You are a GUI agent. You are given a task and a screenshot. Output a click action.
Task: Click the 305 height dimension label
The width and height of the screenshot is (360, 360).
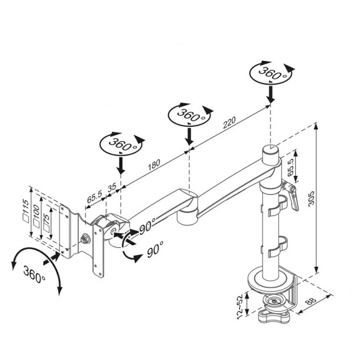(311, 198)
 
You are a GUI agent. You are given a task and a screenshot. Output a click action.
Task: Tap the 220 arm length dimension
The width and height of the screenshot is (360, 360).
(229, 122)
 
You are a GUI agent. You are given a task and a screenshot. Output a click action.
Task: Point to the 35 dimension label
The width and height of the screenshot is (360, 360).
(112, 187)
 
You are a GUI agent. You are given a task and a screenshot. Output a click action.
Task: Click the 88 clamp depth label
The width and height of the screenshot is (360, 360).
(312, 301)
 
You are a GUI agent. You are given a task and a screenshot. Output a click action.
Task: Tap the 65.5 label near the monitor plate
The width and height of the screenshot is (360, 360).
(95, 197)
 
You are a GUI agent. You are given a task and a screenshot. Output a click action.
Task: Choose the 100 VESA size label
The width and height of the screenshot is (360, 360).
(36, 212)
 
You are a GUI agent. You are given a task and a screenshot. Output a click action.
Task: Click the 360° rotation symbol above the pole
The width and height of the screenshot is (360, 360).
(272, 72)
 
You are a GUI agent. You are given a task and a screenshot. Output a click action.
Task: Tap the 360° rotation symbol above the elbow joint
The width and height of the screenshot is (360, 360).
(190, 114)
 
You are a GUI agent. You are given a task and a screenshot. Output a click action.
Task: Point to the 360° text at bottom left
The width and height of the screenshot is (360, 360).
(34, 275)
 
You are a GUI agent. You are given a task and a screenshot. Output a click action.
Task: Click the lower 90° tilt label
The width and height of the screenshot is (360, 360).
(155, 249)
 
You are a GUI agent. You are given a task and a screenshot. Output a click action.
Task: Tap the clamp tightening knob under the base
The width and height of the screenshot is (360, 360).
(274, 316)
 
